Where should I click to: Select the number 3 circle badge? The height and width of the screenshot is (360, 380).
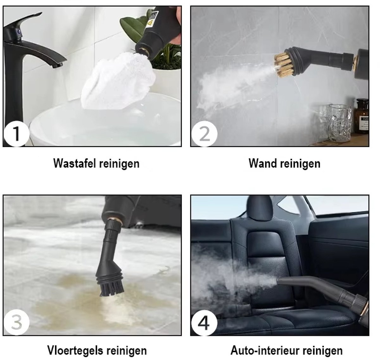point(16,322)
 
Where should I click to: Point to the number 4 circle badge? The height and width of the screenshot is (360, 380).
point(204,322)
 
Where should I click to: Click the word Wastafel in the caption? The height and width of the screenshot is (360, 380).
point(74,163)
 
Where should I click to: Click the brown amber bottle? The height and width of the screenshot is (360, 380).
point(362,116)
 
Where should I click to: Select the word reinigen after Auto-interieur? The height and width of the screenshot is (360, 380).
point(322,351)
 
